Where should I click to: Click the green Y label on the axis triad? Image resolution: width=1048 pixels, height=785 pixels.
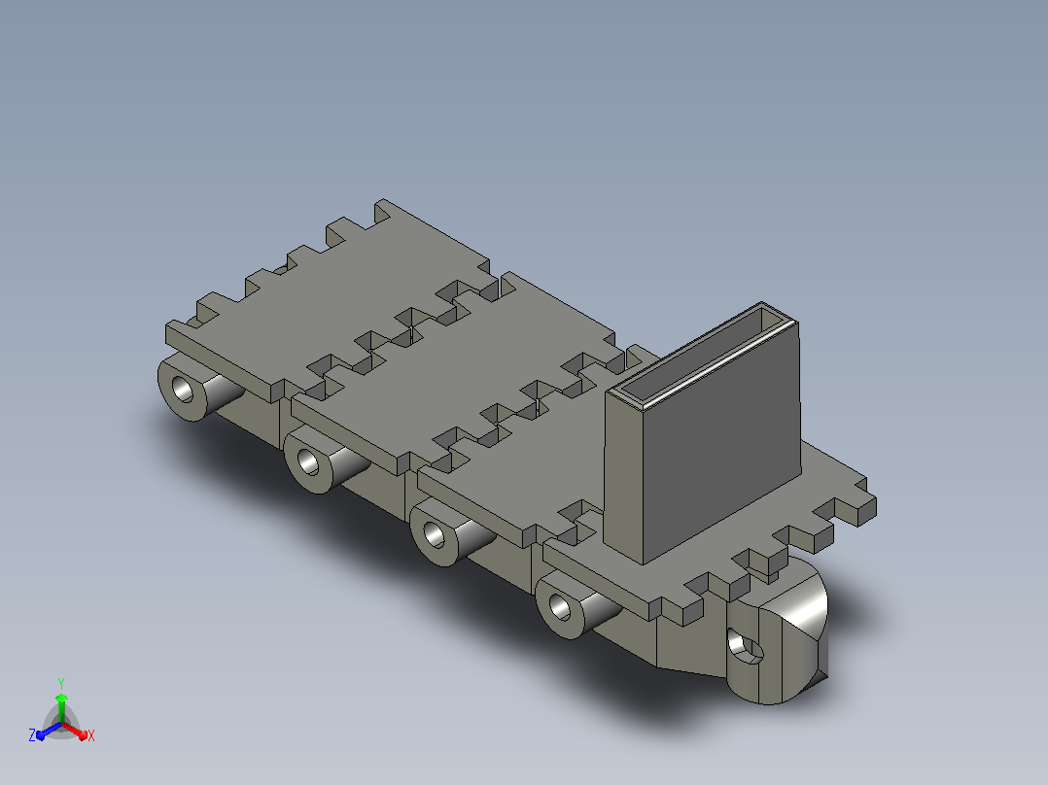(61, 683)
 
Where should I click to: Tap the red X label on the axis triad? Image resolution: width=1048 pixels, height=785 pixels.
(91, 735)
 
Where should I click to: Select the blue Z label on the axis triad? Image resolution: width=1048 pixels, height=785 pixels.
(32, 734)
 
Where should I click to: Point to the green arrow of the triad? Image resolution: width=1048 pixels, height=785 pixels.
(61, 707)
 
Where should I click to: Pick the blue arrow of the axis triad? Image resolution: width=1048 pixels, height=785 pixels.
(49, 731)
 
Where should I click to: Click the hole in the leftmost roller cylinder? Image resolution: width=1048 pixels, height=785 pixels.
(182, 390)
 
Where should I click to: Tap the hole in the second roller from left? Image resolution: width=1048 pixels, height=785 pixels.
(308, 462)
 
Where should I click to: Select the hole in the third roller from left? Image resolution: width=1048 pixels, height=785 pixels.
(434, 534)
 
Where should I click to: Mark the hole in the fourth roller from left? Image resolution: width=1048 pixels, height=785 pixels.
(559, 606)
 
